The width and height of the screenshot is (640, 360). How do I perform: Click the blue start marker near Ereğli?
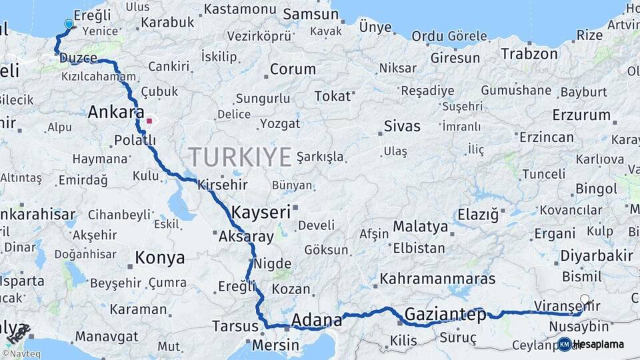[x=69, y=25]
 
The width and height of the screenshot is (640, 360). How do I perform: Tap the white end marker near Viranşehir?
[x=585, y=299]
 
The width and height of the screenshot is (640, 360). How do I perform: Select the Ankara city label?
[x=116, y=112]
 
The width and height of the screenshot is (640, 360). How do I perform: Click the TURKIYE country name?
[x=239, y=157]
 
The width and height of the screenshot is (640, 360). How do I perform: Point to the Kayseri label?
[x=261, y=213]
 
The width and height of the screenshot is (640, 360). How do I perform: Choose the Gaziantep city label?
[x=445, y=314]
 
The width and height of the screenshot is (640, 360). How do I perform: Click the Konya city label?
[x=159, y=257]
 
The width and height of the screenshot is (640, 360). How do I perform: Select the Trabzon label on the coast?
[x=529, y=54]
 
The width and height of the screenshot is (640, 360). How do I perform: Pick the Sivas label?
[x=402, y=126]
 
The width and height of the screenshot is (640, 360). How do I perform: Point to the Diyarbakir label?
[x=596, y=256]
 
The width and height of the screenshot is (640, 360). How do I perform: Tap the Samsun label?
[x=311, y=15]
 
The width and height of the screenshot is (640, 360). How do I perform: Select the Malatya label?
[x=420, y=227]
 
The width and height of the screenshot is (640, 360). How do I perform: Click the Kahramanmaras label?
[x=437, y=279]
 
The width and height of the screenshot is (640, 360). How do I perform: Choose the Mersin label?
[x=275, y=345]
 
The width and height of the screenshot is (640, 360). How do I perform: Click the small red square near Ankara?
[x=150, y=121]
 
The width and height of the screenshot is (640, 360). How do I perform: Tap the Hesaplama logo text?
[x=597, y=345]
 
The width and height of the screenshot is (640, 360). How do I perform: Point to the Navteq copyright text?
[x=23, y=353]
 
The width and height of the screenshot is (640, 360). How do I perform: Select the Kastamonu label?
[x=239, y=9]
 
